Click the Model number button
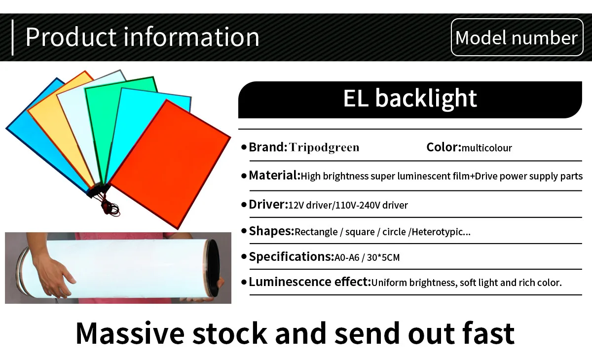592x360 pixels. click(x=517, y=37)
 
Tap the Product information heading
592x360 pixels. click(x=142, y=37)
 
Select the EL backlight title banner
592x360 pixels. click(x=410, y=99)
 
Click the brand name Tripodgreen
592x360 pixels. click(x=324, y=147)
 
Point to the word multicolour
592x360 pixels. click(x=487, y=148)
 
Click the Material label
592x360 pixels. click(x=274, y=176)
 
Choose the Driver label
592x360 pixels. click(x=268, y=204)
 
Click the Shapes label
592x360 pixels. click(x=271, y=231)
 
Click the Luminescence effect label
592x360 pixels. click(x=310, y=282)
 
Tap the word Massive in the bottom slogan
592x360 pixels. click(x=129, y=333)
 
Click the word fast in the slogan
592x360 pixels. click(x=486, y=333)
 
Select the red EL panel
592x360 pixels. click(x=170, y=163)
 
